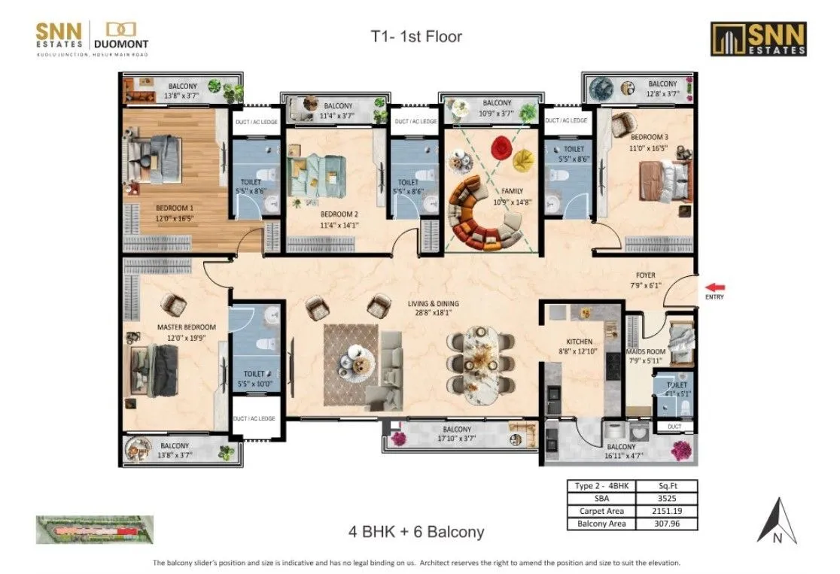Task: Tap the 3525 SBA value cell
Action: (666, 497)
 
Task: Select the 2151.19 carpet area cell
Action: (666, 510)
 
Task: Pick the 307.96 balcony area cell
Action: (666, 523)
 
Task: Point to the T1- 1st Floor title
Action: (416, 35)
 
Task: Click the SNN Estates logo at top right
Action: (759, 38)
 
